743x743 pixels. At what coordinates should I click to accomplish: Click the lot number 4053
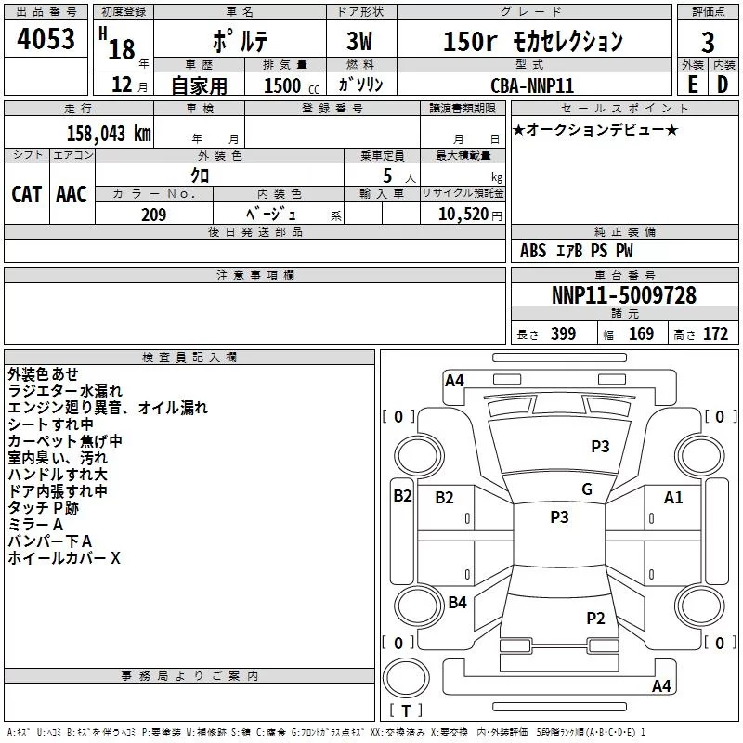click(47, 40)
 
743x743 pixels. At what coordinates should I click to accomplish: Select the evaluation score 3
click(708, 42)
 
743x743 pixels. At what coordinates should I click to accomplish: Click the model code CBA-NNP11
click(532, 85)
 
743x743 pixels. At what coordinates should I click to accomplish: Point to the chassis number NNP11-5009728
click(623, 296)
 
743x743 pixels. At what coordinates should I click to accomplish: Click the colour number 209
click(153, 215)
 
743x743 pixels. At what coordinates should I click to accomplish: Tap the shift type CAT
click(27, 193)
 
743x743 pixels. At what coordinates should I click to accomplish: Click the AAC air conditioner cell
click(72, 193)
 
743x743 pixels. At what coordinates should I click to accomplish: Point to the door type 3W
click(359, 42)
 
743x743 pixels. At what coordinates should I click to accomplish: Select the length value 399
click(563, 334)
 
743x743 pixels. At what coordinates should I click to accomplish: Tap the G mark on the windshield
click(587, 489)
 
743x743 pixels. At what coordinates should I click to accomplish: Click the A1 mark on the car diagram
click(673, 498)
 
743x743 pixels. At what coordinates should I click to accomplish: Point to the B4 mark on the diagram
click(457, 603)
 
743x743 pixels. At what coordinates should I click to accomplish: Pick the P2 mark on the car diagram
click(595, 618)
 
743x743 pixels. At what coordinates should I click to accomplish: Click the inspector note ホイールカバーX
click(64, 558)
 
